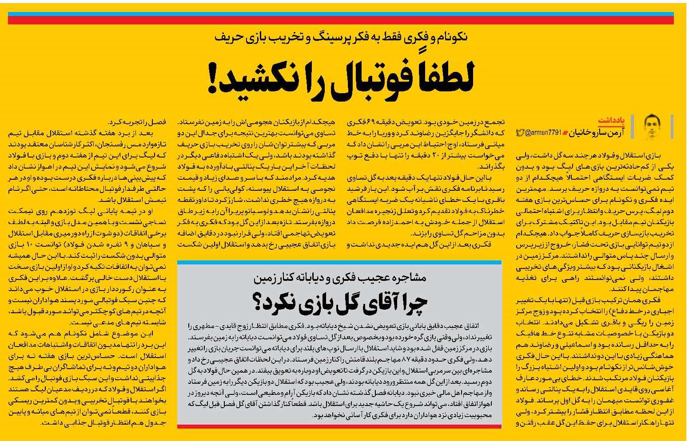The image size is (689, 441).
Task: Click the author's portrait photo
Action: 652,127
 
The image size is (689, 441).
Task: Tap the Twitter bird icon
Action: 520,133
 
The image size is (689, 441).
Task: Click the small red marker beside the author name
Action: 565,133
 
